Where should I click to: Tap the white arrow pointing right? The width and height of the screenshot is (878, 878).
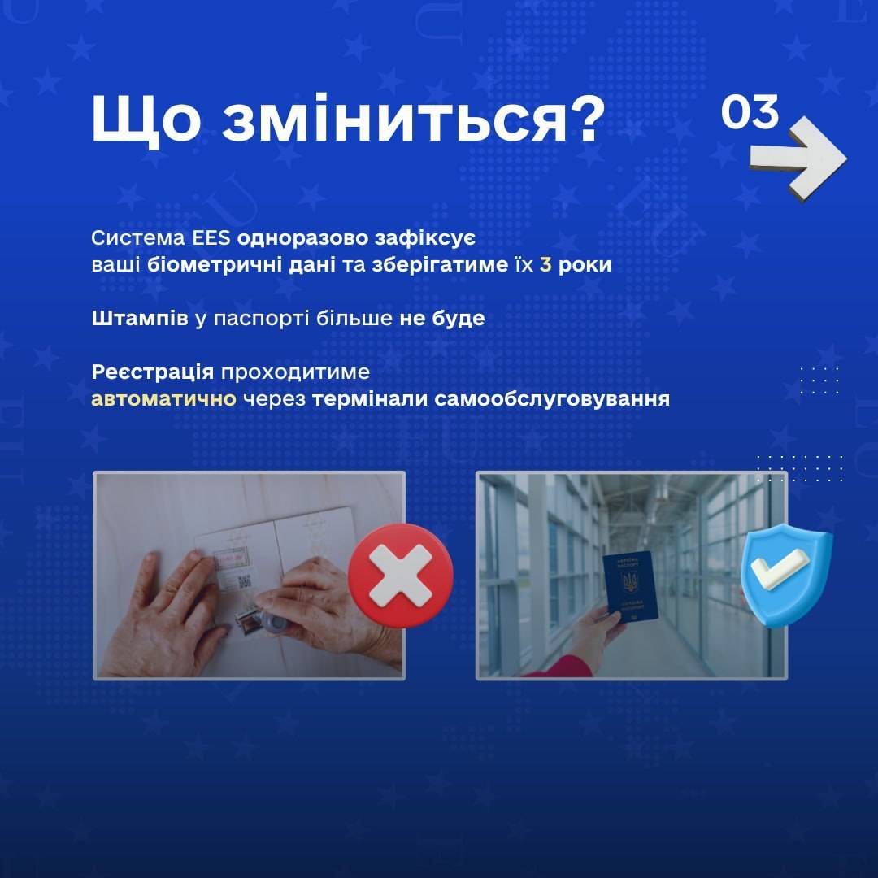pyautogui.click(x=798, y=158)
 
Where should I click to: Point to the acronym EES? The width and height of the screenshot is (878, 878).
pyautogui.click(x=211, y=238)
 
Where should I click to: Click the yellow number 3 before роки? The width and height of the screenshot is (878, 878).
pyautogui.click(x=545, y=265)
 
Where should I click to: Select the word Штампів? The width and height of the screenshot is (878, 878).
pyautogui.click(x=140, y=319)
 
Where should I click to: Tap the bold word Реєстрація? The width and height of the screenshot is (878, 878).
pyautogui.click(x=152, y=372)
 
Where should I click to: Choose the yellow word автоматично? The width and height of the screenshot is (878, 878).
pyautogui.click(x=163, y=399)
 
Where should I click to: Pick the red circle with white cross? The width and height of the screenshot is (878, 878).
pyautogui.click(x=400, y=576)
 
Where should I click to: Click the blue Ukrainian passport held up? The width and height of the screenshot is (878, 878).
pyautogui.click(x=629, y=586)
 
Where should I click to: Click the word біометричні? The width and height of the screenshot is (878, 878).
pyautogui.click(x=241, y=265)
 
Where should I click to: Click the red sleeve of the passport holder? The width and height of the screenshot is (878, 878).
pyautogui.click(x=560, y=666)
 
